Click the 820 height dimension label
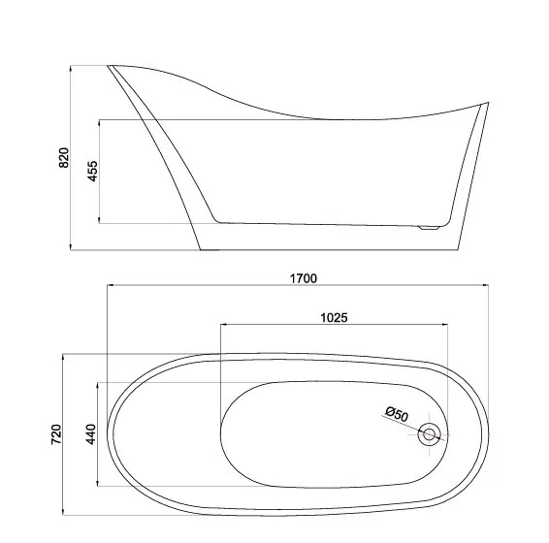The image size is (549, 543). (64, 157)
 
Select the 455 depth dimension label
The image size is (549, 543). (93, 172)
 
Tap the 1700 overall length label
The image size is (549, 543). (304, 278)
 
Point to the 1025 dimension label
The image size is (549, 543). (334, 318)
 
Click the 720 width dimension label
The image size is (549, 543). (56, 434)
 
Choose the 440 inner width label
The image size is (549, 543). (90, 434)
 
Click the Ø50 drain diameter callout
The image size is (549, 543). (397, 414)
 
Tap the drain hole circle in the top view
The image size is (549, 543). (429, 434)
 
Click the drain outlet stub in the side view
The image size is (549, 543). (429, 228)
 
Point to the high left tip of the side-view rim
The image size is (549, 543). (108, 66)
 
